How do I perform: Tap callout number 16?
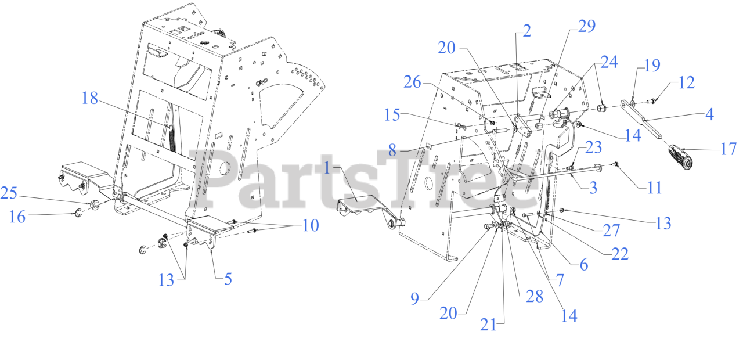17,217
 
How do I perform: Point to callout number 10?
311,225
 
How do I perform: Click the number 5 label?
228,279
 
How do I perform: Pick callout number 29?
586,26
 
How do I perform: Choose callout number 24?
609,62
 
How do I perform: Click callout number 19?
652,66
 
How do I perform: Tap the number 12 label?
686,82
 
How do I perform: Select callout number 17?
728,149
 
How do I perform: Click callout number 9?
414,298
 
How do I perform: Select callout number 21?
488,325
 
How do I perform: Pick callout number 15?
392,115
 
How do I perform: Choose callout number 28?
534,296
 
